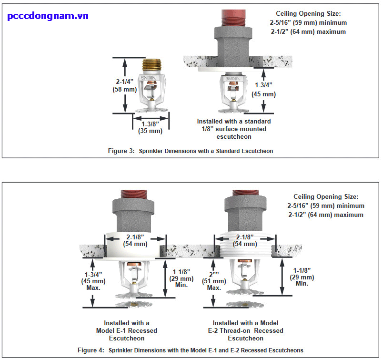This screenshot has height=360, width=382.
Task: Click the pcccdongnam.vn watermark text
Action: click(48, 16)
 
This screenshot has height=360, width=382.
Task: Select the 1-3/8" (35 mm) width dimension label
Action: click(150, 127)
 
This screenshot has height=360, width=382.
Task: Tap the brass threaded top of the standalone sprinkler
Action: click(151, 66)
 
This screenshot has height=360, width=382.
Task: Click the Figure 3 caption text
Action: click(190, 151)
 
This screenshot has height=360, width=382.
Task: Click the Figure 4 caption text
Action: click(190, 350)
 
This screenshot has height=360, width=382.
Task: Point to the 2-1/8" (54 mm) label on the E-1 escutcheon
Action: click(135, 240)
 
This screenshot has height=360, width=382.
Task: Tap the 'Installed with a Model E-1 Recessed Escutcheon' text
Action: click(127, 330)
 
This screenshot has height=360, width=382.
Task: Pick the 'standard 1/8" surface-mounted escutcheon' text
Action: click(234, 129)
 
